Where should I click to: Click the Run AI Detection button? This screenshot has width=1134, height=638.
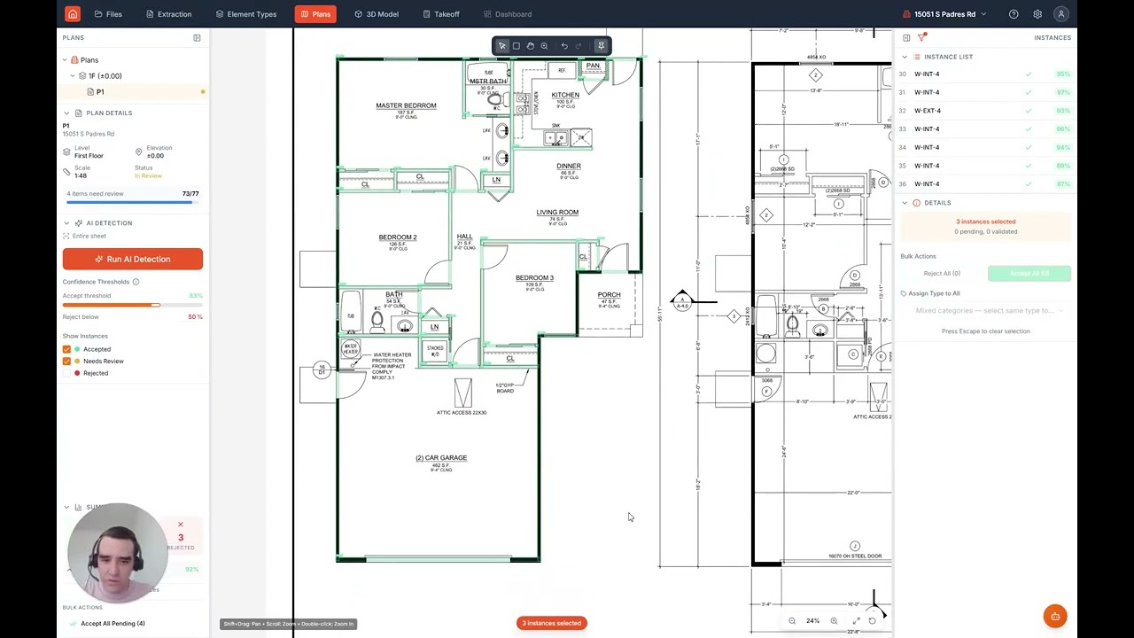coord(132,259)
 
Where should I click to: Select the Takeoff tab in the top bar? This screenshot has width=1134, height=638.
coord(440,14)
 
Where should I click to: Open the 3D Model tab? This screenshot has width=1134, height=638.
coord(376,14)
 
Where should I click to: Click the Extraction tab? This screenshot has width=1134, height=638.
coord(168,14)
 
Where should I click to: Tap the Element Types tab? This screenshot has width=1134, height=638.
coord(246,14)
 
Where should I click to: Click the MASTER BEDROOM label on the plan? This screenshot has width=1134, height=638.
coord(406,105)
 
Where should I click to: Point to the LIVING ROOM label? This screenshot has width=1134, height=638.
coord(557,213)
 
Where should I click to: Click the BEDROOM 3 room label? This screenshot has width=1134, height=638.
coord(534,278)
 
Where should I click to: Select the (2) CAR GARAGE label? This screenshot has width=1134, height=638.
coord(441,458)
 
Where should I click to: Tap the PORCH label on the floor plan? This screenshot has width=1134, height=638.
coord(609,295)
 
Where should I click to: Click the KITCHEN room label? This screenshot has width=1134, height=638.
coord(565,95)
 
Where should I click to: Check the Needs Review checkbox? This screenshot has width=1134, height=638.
coord(66,362)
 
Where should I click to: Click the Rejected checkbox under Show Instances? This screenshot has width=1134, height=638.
coord(66,373)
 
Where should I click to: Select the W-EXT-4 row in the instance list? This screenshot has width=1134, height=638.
coord(928,111)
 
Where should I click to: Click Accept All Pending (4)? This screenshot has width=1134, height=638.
coord(113,624)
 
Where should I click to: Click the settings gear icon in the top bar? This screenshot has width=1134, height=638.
coord(1037,14)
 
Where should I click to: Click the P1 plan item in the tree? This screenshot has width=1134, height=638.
coord(99,92)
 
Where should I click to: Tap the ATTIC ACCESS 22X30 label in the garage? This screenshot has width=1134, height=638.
coord(462,413)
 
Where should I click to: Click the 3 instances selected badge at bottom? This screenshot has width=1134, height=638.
coord(551,623)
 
